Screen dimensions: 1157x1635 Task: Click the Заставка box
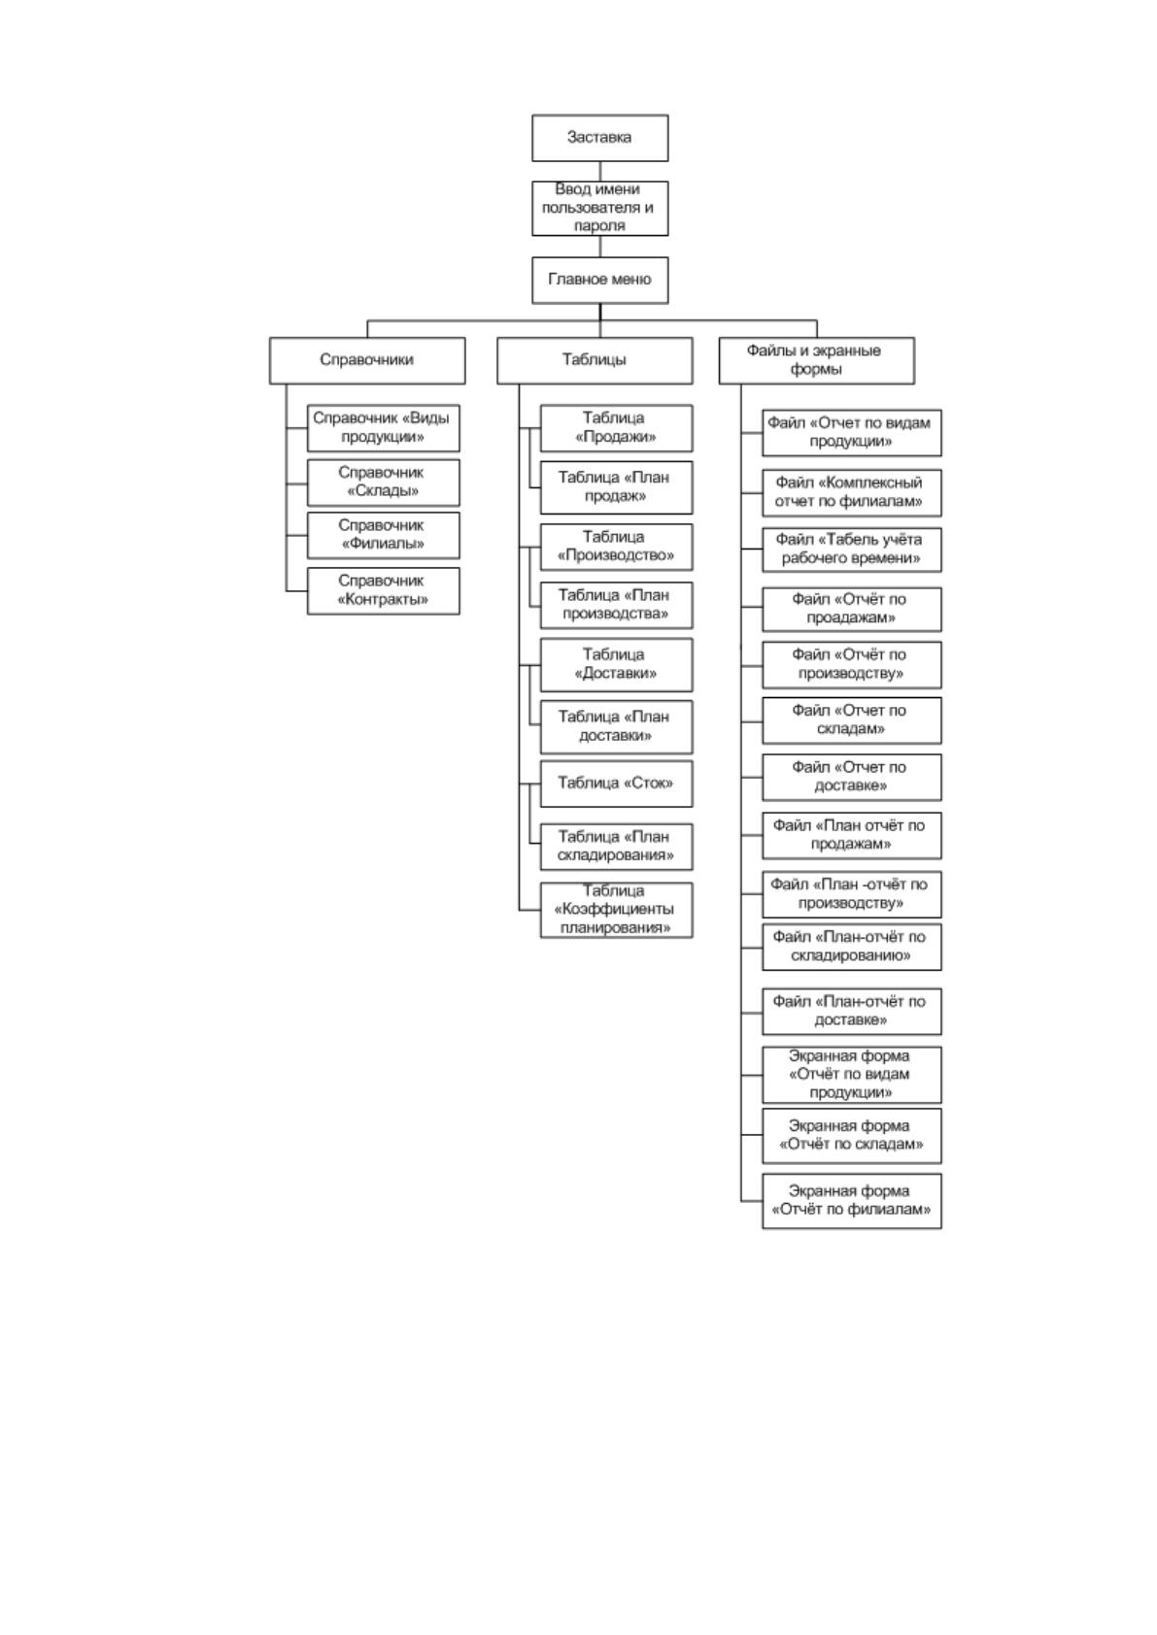[599, 138]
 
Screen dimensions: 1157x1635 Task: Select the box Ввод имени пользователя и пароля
[599, 208]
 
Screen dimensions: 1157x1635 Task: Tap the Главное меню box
[599, 280]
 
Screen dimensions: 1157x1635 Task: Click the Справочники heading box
[367, 360]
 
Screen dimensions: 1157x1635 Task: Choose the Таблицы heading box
[595, 360]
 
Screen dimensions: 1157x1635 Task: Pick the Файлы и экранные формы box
[817, 360]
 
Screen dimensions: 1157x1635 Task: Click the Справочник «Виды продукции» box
[384, 428]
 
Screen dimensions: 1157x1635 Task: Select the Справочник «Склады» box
[384, 483]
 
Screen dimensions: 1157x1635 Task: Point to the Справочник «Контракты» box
[384, 590]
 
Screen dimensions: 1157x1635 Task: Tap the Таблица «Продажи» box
[617, 428]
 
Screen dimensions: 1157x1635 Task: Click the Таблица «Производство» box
[617, 547]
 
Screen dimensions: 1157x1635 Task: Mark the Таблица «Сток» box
[617, 784]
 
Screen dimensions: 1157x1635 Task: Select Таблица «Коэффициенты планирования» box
[617, 910]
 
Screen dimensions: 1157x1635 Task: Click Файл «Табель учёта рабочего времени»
[852, 550]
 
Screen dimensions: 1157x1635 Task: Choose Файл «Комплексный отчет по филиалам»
[852, 492]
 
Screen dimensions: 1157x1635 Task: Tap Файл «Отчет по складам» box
[852, 720]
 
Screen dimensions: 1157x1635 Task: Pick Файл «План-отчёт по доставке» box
[852, 1012]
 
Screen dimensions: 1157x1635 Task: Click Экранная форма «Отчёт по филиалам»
[852, 1201]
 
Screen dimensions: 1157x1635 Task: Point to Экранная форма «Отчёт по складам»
[852, 1136]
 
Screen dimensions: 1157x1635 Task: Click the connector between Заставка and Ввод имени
[600, 172]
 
